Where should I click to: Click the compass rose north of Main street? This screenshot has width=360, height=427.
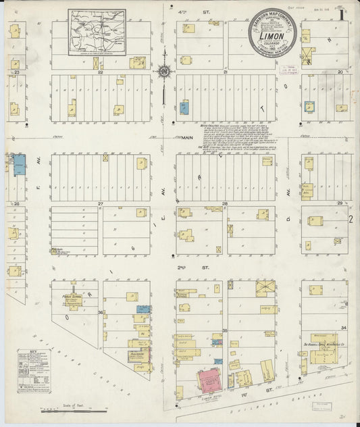(163, 70)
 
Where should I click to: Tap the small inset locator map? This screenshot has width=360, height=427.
(97, 32)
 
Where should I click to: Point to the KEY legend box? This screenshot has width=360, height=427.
(33, 370)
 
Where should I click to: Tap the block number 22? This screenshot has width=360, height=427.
(100, 72)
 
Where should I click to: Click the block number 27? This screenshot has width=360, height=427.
(100, 203)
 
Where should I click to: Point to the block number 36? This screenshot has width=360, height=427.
(101, 312)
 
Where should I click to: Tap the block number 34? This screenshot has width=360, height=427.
(344, 327)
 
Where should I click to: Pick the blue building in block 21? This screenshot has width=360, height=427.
(184, 107)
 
